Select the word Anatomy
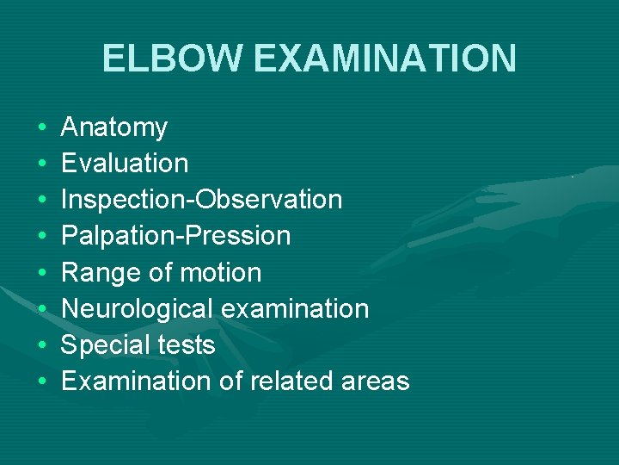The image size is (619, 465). tap(114, 127)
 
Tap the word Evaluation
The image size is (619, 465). tap(125, 163)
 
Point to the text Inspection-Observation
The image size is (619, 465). tap(202, 199)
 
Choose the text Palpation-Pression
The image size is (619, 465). tap(176, 235)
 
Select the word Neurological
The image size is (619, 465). tap(136, 308)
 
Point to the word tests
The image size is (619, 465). tap(185, 344)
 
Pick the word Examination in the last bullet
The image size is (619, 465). tap(135, 381)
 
